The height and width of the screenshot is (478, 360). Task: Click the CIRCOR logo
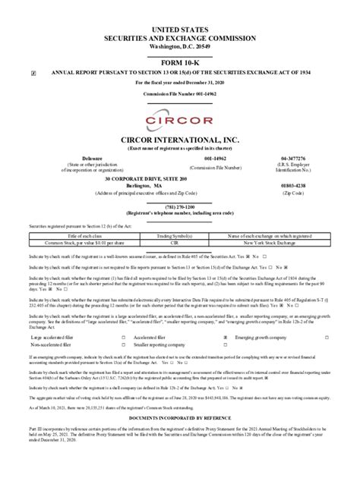(x=180, y=122)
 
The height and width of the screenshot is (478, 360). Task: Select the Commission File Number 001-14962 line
(x=180, y=93)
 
